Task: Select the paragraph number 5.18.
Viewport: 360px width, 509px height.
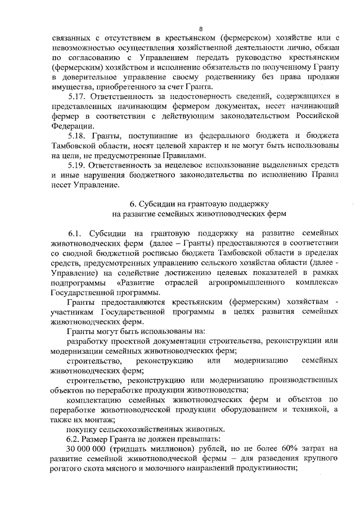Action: [76, 136]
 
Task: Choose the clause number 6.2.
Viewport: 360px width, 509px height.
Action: [75, 437]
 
